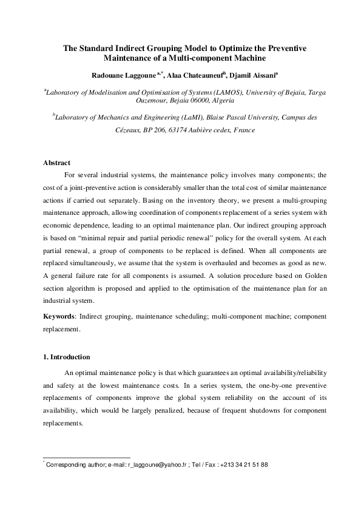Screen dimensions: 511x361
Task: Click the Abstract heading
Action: (x=56, y=163)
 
